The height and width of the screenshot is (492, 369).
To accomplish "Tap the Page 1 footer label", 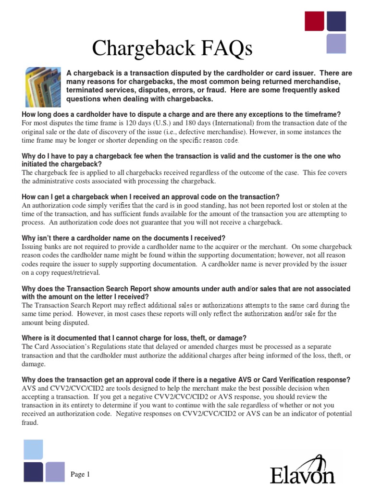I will coord(80,475).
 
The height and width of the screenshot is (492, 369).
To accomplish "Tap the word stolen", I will coord(319,206).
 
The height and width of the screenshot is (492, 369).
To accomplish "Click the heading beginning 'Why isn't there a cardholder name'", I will coord(123,238).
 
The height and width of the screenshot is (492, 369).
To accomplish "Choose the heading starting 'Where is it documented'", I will coord(135,338).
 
